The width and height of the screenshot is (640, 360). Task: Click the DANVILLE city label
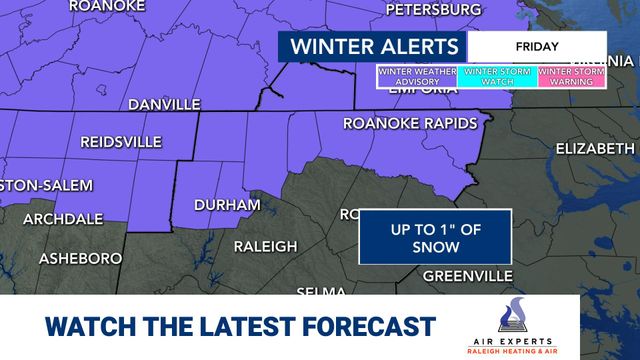click(x=164, y=104)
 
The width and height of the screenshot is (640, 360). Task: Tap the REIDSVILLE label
click(x=120, y=142)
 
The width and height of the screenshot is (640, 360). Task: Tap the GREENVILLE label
click(x=467, y=275)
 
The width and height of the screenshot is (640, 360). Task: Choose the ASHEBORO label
click(x=80, y=258)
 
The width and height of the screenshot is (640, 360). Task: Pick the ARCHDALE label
click(x=63, y=218)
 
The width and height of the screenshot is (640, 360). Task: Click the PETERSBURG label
click(x=433, y=10)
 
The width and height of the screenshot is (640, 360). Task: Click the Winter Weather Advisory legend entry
click(x=417, y=76)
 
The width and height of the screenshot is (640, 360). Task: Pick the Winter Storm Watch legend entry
click(x=497, y=76)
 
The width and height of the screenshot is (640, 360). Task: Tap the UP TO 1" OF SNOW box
click(x=435, y=238)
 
